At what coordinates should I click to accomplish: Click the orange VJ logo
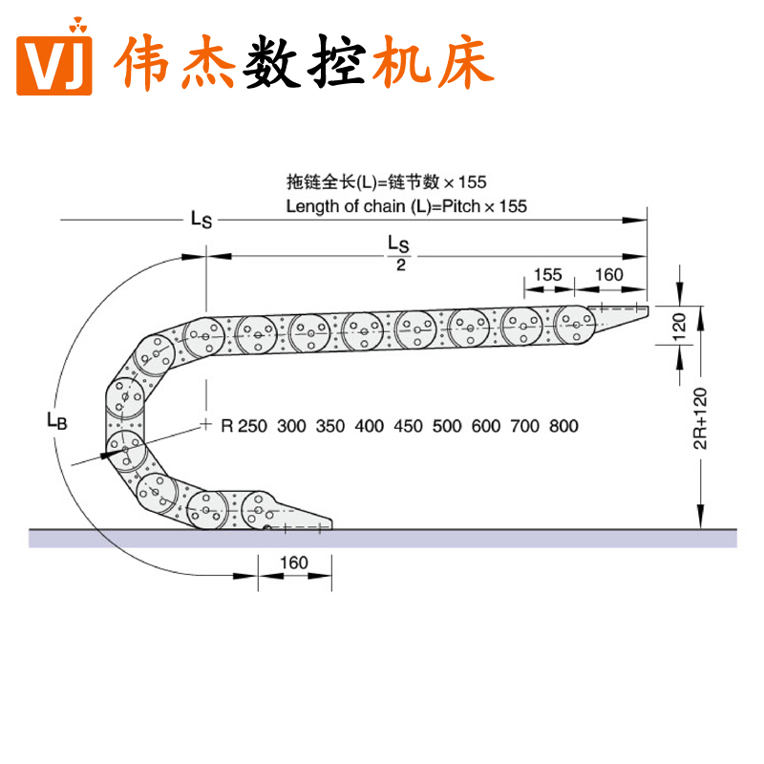(x=57, y=66)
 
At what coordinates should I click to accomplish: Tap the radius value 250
(x=252, y=426)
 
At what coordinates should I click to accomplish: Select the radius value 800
(x=563, y=426)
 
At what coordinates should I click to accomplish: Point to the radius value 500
(x=446, y=426)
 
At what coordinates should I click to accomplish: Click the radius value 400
(x=369, y=426)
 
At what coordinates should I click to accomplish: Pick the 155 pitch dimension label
(x=547, y=275)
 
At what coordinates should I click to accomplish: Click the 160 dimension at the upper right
(x=608, y=275)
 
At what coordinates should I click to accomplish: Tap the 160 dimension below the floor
(x=294, y=562)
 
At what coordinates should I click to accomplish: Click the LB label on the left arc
(x=56, y=419)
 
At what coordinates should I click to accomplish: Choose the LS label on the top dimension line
(x=201, y=220)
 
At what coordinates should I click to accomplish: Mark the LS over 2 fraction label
(x=400, y=253)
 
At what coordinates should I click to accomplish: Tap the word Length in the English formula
(x=309, y=205)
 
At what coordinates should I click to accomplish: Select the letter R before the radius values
(x=227, y=426)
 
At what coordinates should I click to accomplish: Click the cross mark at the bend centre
(x=205, y=423)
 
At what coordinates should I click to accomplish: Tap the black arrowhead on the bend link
(x=104, y=456)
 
